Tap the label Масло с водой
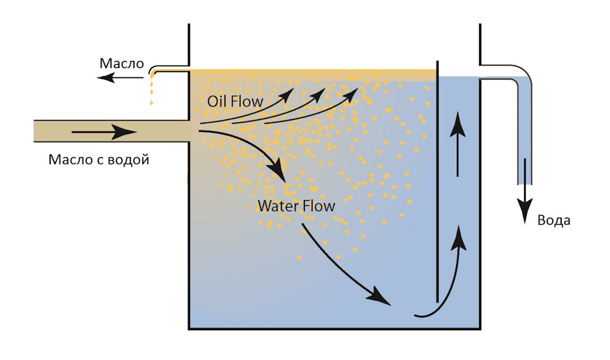[x=98, y=159]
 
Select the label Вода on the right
[x=554, y=220]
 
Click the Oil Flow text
[x=235, y=101]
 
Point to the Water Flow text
[x=296, y=206]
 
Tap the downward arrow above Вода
[x=525, y=190]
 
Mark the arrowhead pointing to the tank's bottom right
[x=380, y=297]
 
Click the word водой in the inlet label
[x=130, y=159]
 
